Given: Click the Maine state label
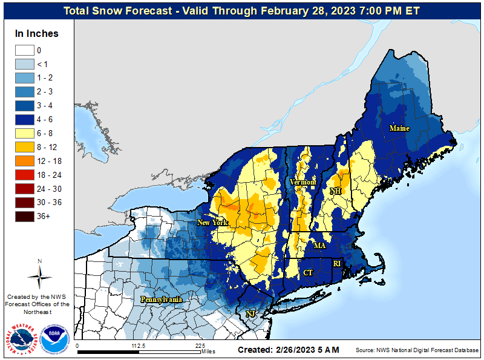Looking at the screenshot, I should point(399,128).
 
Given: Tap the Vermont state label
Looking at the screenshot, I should point(303,182).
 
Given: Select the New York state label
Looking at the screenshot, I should point(212,223).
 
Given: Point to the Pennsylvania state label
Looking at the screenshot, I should point(162,299).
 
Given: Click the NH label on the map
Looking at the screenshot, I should point(336,191).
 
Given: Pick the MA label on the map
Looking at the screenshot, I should point(319,246).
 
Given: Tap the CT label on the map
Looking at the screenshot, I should point(308,273).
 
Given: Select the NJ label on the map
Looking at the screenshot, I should point(250,313).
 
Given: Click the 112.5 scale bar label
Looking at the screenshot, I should point(139,346).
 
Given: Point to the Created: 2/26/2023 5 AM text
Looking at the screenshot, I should point(288,350).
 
